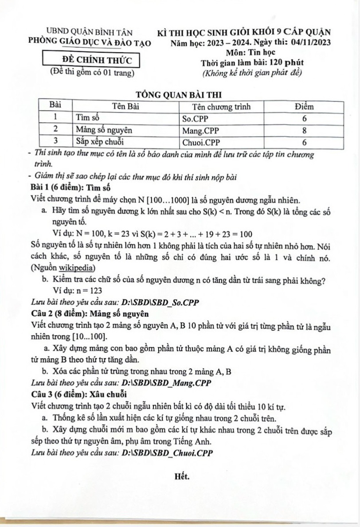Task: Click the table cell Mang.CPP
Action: pyautogui.click(x=200, y=131)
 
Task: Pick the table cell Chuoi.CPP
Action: pyautogui.click(x=201, y=143)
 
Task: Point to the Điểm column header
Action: pyautogui.click(x=304, y=107)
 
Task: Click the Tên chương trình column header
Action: pyautogui.click(x=221, y=107)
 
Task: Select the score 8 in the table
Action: pyautogui.click(x=304, y=131)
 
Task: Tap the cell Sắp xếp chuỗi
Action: pyautogui.click(x=100, y=142)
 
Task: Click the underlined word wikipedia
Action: pyautogui.click(x=76, y=268)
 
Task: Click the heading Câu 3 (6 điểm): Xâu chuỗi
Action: pyautogui.click(x=79, y=394)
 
